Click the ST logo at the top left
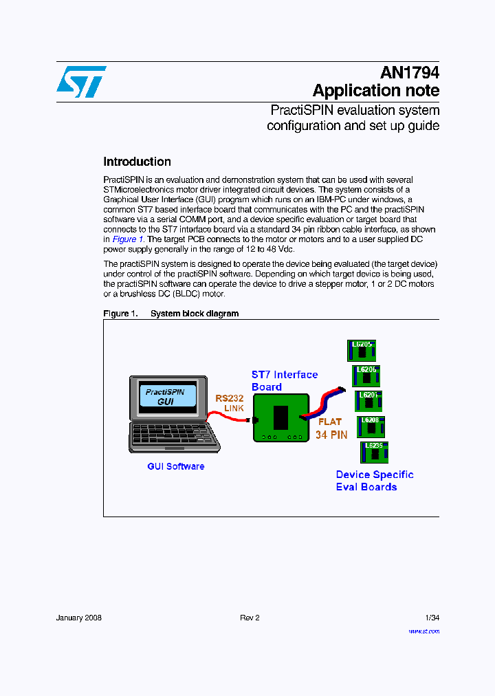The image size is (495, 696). coord(81,82)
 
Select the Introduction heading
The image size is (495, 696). coord(137,162)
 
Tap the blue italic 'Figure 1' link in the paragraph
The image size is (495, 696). coord(128,239)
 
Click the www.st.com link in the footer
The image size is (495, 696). coord(423,631)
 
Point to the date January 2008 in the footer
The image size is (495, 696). coord(78,618)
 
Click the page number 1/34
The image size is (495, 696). coord(432,618)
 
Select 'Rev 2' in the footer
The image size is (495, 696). coord(250,618)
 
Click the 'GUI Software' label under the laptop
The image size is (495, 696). coord(175,466)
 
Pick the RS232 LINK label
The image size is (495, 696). coord(230,403)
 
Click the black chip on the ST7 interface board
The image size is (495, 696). coord(280,417)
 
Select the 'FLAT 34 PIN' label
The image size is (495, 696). coord(331,428)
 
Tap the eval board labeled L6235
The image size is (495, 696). coord(374,452)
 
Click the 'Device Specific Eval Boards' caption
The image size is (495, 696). coord(374,481)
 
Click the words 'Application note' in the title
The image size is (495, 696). coord(375,91)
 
